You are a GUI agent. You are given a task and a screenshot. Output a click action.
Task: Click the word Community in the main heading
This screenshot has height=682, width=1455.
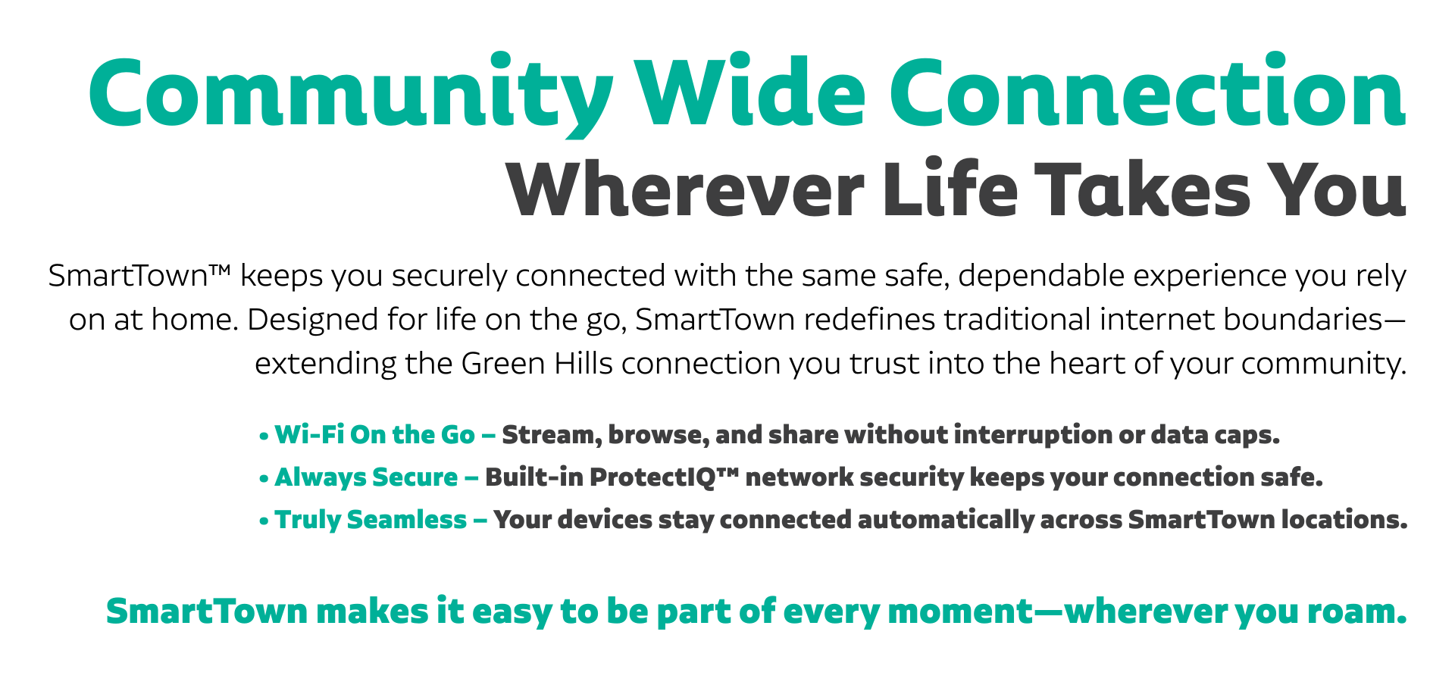click(x=351, y=94)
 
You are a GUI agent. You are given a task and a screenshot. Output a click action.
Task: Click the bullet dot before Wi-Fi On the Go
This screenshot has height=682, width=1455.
click(x=264, y=436)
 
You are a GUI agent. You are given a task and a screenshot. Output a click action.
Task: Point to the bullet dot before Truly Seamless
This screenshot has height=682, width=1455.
click(x=264, y=521)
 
